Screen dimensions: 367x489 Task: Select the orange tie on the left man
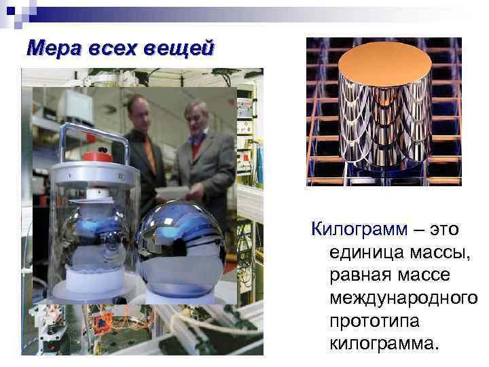(149, 153)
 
